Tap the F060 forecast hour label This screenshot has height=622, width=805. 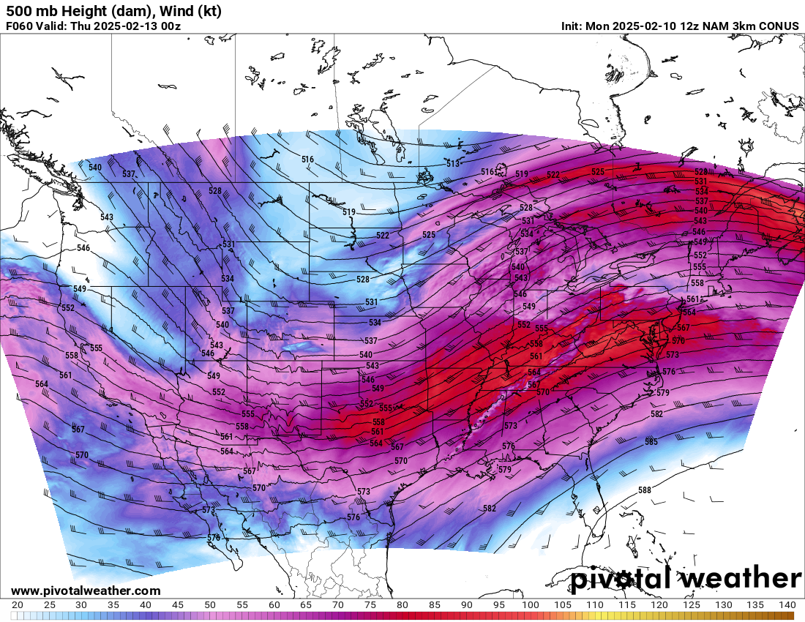[x=20, y=26]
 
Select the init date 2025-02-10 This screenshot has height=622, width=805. [x=643, y=26]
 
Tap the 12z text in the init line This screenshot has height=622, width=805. [x=686, y=26]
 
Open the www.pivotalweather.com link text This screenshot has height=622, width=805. [x=86, y=591]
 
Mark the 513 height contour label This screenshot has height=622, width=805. [x=453, y=164]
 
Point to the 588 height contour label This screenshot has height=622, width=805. [x=644, y=490]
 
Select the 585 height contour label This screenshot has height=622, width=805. [x=651, y=442]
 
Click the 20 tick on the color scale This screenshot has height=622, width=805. [x=18, y=605]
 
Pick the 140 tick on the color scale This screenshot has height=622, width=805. [x=787, y=605]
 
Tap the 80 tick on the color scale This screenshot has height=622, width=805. [x=402, y=605]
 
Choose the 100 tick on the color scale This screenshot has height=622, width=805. [x=531, y=605]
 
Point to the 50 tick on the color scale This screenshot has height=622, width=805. [x=210, y=605]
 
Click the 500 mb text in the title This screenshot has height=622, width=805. [x=29, y=11]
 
